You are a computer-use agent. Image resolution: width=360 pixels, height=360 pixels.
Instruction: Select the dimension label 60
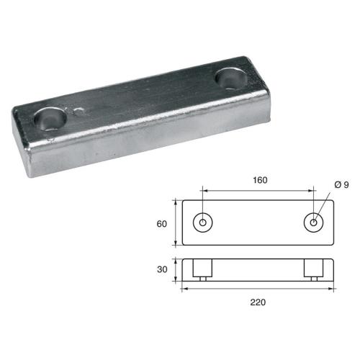click(x=161, y=224)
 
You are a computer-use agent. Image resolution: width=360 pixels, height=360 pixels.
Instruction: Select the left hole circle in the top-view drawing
click(x=203, y=222)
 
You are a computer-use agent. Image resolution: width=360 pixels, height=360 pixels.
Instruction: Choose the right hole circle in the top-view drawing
click(x=315, y=222)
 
